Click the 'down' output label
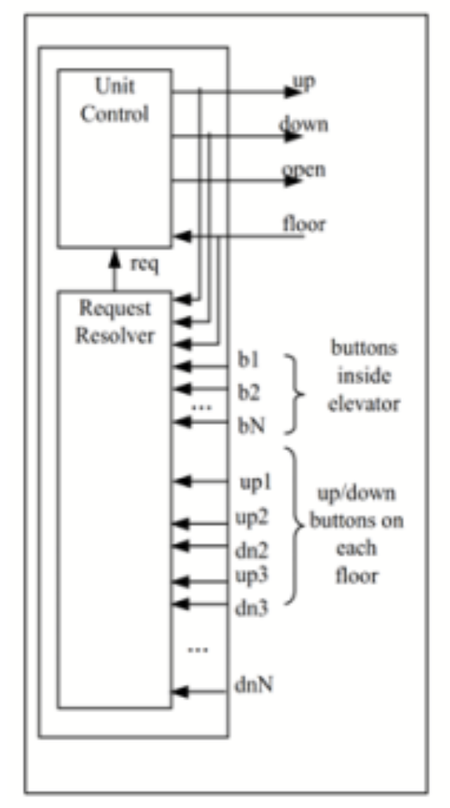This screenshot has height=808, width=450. pyautogui.click(x=303, y=126)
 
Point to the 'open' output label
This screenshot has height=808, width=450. pyautogui.click(x=303, y=170)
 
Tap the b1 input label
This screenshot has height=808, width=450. pyautogui.click(x=249, y=363)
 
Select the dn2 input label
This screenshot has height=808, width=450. pyautogui.click(x=252, y=550)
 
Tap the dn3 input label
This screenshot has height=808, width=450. pyautogui.click(x=252, y=607)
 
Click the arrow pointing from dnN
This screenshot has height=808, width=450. pyautogui.click(x=200, y=691)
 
